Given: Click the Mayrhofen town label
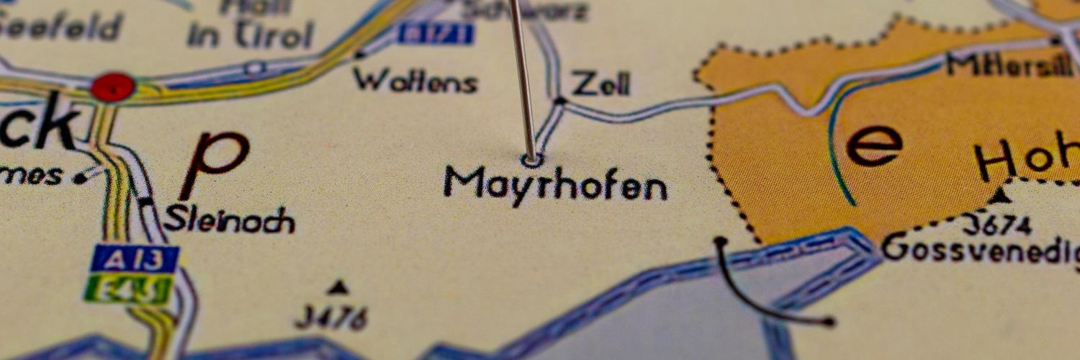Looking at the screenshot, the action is [x=555, y=184].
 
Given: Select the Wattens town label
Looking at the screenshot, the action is [x=415, y=81].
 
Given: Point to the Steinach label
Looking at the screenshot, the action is [x=229, y=220].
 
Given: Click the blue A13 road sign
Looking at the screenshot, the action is [x=135, y=258].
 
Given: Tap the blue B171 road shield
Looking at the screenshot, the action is [x=436, y=33].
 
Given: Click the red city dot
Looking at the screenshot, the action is [x=113, y=87].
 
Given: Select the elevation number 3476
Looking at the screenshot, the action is [x=333, y=317].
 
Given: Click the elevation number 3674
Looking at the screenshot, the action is [x=997, y=226].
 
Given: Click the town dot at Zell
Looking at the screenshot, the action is [x=560, y=101].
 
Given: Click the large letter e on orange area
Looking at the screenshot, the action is [x=873, y=145].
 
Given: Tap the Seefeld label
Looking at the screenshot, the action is [x=61, y=27].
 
